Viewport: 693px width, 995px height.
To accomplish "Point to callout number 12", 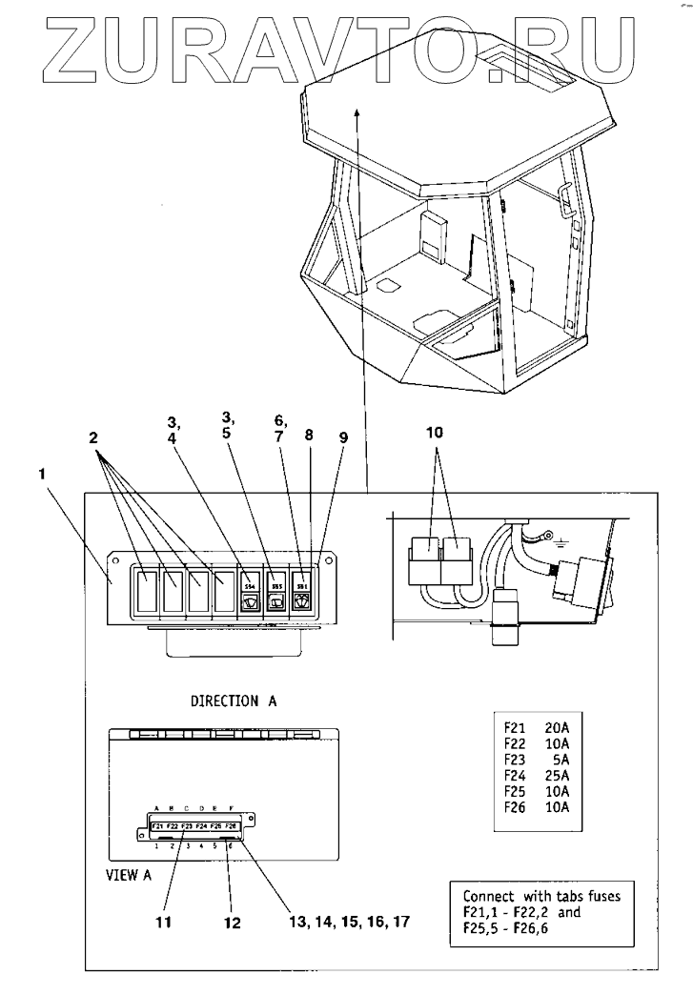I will click(232, 923).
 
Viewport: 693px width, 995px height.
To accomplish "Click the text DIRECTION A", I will click(234, 701).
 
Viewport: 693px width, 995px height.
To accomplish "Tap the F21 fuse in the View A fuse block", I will click(157, 825).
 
